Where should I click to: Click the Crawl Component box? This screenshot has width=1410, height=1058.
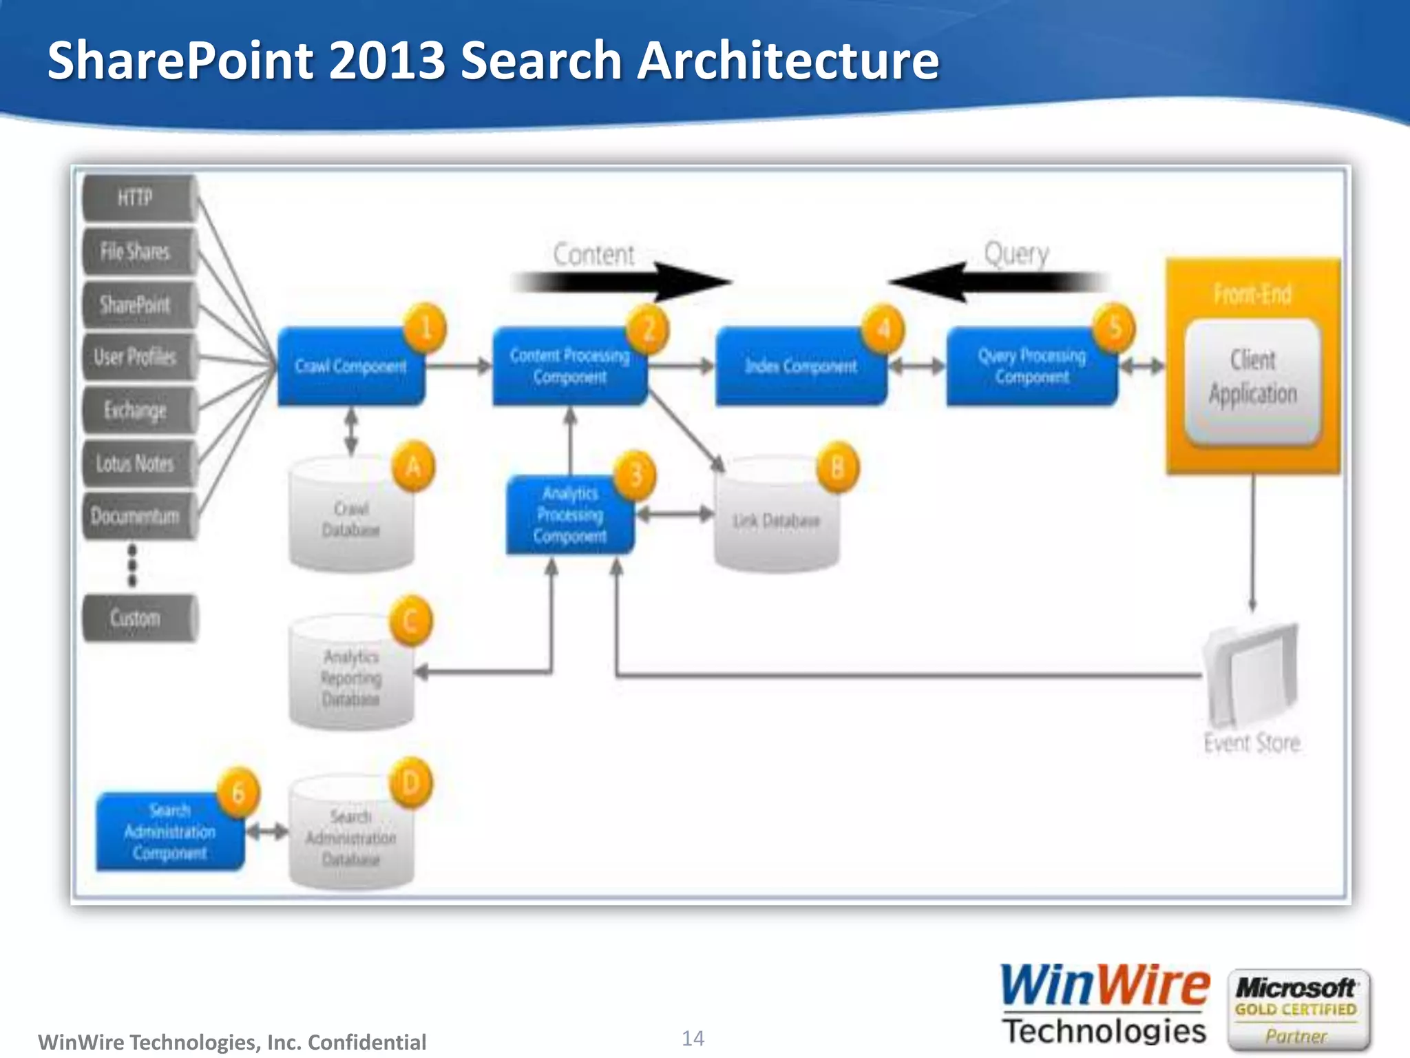click(350, 366)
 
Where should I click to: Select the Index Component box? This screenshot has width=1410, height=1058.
click(801, 366)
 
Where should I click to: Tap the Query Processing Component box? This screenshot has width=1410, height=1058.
click(1031, 366)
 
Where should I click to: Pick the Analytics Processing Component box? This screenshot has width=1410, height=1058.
click(570, 515)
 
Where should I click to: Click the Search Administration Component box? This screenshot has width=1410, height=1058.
click(170, 832)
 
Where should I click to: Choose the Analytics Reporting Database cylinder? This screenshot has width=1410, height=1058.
click(351, 678)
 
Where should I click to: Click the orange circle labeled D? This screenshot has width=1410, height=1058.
click(411, 783)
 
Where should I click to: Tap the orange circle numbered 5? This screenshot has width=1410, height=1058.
click(1114, 328)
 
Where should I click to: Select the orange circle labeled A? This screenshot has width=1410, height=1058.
click(413, 467)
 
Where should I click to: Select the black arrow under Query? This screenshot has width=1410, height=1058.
click(998, 282)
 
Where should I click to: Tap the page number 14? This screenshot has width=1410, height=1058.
click(693, 1038)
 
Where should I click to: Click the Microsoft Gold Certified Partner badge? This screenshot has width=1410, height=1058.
click(1297, 1010)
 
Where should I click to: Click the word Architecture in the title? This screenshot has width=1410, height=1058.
click(788, 61)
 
